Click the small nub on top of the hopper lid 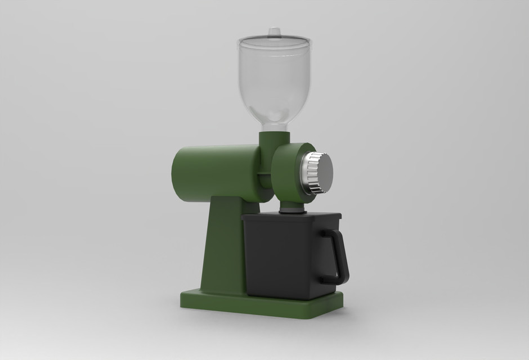[274, 31]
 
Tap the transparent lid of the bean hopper [274, 41]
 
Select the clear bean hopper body [274, 79]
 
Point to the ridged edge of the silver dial [309, 172]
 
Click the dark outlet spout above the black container [292, 210]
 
